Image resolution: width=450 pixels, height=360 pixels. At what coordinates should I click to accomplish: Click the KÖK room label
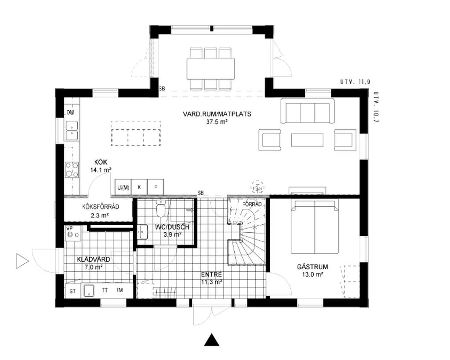(x=101, y=162)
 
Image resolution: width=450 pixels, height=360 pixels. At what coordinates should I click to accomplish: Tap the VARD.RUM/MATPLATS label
(x=217, y=114)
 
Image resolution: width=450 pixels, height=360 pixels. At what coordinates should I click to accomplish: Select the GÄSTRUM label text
(x=312, y=267)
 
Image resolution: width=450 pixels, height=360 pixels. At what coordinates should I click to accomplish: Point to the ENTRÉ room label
(x=211, y=274)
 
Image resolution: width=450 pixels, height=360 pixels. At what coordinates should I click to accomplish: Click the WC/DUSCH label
(x=172, y=227)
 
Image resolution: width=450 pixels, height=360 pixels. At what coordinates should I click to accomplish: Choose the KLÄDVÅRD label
(x=94, y=259)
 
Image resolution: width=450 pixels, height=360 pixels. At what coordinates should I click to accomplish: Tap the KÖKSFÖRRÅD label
(x=101, y=207)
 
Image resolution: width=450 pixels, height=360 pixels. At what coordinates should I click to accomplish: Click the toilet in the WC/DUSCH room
(x=161, y=209)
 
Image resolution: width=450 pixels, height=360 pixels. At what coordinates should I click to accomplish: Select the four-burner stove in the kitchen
(x=72, y=169)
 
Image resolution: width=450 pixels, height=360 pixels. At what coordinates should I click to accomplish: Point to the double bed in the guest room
(x=315, y=227)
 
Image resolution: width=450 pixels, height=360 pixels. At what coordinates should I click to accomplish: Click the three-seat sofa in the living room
(x=308, y=111)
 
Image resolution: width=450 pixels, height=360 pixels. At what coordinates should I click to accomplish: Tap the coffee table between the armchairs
(x=307, y=140)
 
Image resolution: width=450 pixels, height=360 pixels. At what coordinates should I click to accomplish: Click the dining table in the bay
(x=210, y=69)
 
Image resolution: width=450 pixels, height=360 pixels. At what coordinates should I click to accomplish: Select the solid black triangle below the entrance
(x=212, y=340)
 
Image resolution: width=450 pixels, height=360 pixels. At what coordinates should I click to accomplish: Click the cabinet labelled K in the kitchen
(x=139, y=187)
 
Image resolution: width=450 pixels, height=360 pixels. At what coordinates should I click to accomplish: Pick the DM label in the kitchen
(x=70, y=113)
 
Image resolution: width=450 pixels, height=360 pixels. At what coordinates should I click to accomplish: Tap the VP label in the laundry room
(x=69, y=228)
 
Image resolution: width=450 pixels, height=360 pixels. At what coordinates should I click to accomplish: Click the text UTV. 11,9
(x=355, y=82)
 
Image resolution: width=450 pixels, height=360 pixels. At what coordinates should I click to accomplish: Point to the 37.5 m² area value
(x=217, y=122)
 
